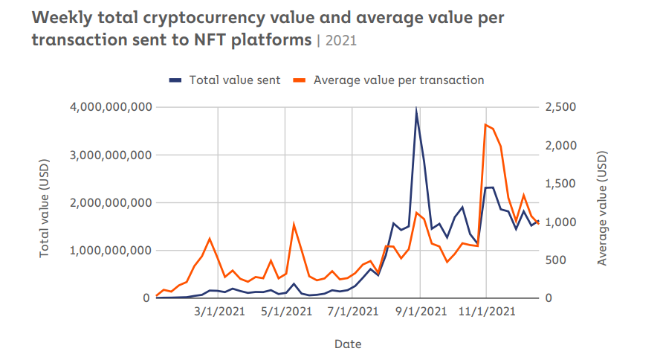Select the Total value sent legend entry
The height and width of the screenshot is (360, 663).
pyautogui.click(x=234, y=80)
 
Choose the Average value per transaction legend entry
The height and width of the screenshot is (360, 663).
pyautogui.click(x=398, y=80)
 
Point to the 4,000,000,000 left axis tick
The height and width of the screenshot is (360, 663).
pyautogui.click(x=110, y=107)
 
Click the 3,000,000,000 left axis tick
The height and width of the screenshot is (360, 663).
pyautogui.click(x=110, y=155)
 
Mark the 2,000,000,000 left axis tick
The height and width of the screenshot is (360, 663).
pyautogui.click(x=110, y=202)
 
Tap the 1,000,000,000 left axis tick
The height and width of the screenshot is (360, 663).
pyautogui.click(x=110, y=251)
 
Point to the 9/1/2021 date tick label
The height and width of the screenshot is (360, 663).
pyautogui.click(x=420, y=312)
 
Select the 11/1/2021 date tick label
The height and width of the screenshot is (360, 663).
pyautogui.click(x=485, y=312)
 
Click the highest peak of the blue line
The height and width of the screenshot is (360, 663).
pyautogui.click(x=416, y=110)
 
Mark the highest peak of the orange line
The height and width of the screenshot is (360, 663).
pyautogui.click(x=485, y=124)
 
